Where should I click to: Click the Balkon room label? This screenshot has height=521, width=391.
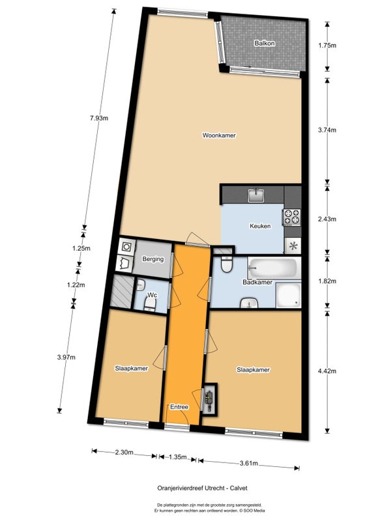pos(265,43)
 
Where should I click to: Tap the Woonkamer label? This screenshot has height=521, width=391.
pos(219,135)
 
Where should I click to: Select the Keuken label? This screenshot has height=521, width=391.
pos(260,226)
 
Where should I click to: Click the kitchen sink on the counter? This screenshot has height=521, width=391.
pos(256,195)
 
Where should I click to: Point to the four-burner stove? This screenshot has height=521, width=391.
pos(291,217)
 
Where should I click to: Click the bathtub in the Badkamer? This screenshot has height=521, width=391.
pos(272,268)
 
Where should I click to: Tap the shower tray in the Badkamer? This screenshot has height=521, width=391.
pos(288,296)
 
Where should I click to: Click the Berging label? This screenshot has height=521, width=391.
pos(153,259)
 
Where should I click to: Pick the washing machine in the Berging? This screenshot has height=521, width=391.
pos(126,247)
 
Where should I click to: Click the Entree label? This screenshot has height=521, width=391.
pos(179,407)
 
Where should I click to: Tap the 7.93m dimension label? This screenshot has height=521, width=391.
pos(99,118)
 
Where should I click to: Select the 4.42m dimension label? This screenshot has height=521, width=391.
pos(327,371)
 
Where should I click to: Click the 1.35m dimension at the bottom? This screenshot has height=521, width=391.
pos(177,457)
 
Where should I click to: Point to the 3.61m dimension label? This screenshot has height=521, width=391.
pos(249,464)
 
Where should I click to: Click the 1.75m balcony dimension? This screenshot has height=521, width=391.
pos(327,46)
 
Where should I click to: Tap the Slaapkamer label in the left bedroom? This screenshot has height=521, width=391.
pos(132,369)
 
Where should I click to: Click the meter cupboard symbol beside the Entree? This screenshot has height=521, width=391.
pos(209,399)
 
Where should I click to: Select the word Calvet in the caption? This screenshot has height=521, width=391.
pos(239,488)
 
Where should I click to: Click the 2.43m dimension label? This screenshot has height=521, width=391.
pos(327,219)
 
